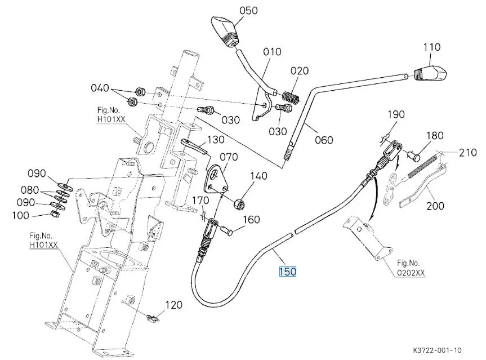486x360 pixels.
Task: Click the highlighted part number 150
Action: click(x=288, y=272)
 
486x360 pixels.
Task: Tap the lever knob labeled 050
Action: click(x=225, y=32)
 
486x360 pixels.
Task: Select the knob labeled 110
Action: click(x=430, y=73)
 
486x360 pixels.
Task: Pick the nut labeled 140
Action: click(x=239, y=205)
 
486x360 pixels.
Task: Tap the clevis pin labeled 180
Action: click(x=414, y=155)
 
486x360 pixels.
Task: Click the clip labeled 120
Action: click(x=152, y=318)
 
